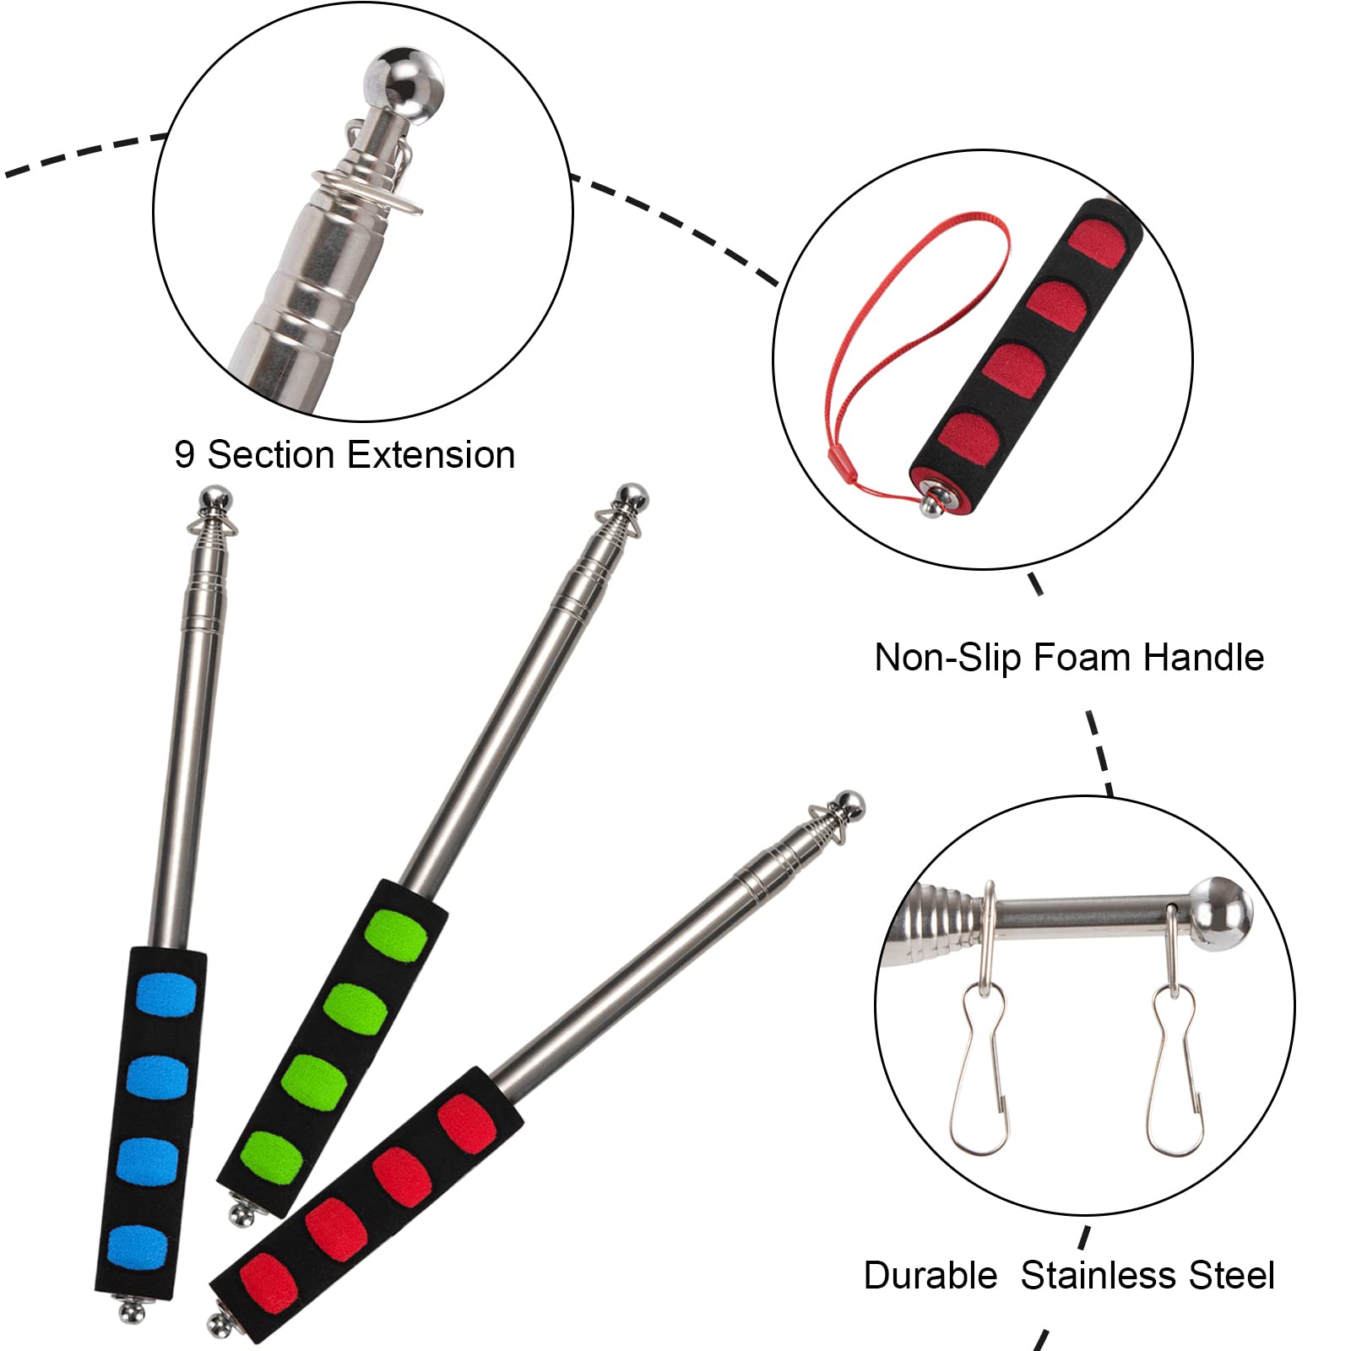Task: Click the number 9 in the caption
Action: (184, 455)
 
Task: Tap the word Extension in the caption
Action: (431, 455)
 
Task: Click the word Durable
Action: (931, 1274)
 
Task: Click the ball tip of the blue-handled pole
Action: (215, 498)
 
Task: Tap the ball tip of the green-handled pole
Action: (632, 496)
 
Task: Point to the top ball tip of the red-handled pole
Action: (849, 804)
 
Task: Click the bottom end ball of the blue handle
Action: (130, 1311)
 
